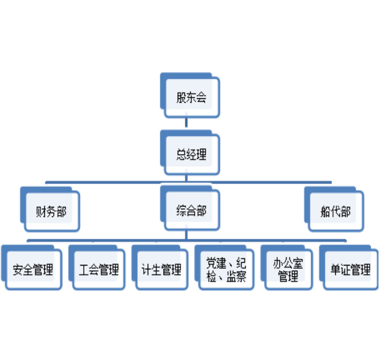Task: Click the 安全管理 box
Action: [33, 270]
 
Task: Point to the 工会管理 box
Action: [98, 270]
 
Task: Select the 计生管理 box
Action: [161, 270]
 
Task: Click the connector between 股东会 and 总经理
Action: [186, 123]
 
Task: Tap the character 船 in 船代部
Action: [325, 212]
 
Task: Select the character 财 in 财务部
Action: [41, 212]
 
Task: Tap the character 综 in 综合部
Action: [182, 211]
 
